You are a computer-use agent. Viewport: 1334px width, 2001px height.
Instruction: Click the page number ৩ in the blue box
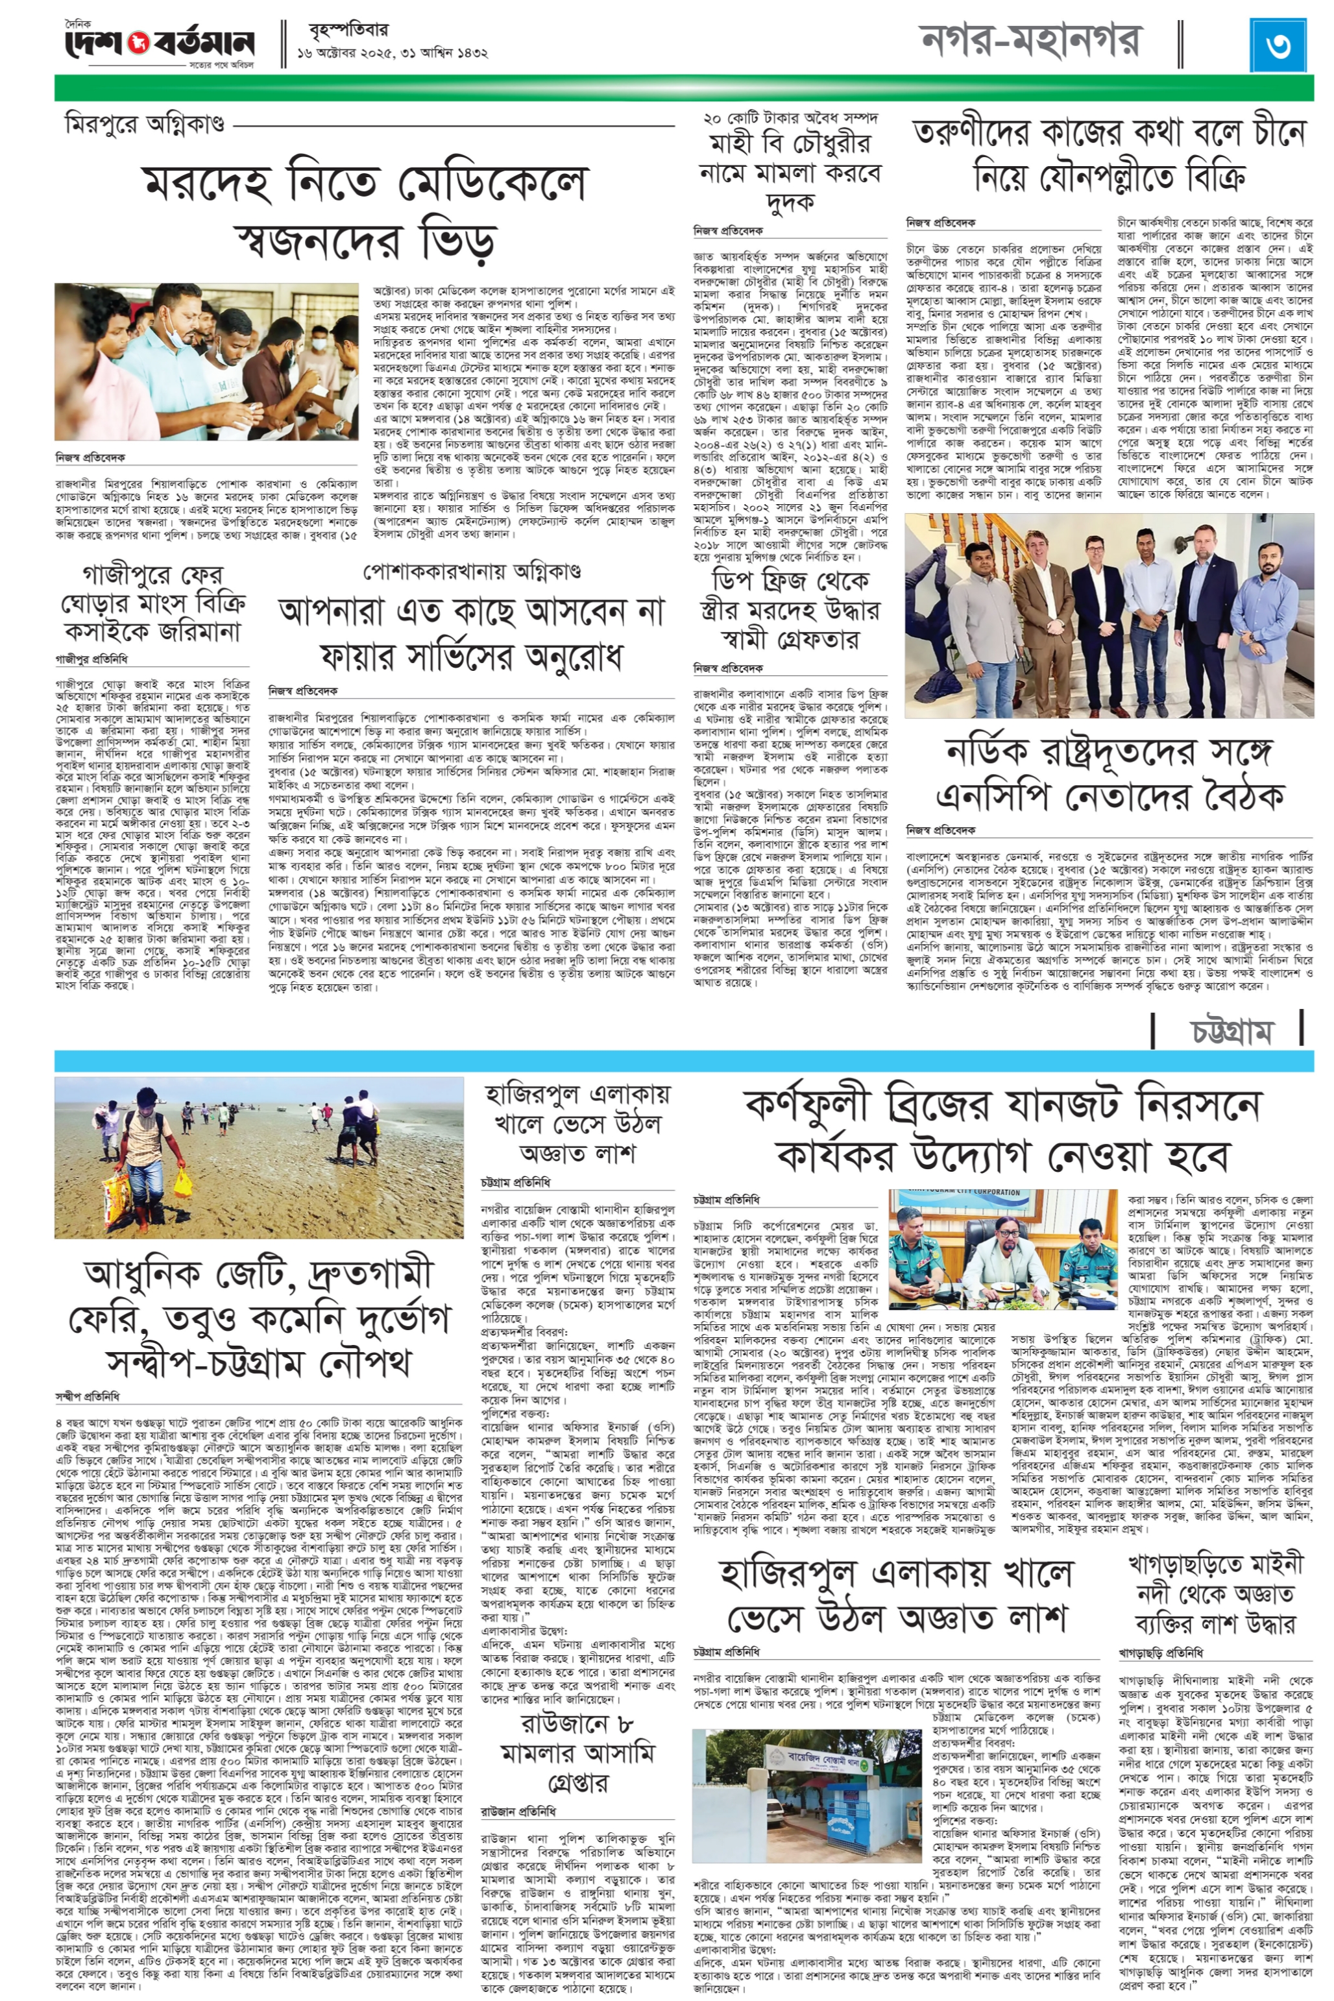(1276, 44)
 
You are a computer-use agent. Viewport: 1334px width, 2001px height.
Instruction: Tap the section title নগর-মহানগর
(1030, 41)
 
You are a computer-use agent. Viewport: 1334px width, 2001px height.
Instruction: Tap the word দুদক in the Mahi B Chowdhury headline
(790, 202)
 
